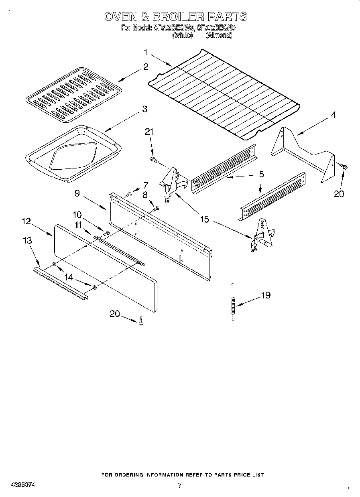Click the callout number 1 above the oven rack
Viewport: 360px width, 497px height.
coord(146,52)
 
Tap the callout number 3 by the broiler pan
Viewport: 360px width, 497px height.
coord(144,109)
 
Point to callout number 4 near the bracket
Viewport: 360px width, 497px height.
coord(333,115)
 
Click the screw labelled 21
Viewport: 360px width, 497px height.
coord(154,160)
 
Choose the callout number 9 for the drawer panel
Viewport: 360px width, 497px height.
coord(77,193)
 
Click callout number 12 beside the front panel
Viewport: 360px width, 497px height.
coord(26,221)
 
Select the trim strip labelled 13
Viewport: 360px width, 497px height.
coord(60,283)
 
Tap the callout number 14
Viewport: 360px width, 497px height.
coord(69,277)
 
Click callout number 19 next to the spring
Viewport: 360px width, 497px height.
coord(266,295)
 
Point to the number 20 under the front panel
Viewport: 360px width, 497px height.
coord(115,314)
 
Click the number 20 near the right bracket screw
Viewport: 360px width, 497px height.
coord(339,194)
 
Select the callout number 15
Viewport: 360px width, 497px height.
coord(205,220)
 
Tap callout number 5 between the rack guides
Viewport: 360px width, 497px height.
coord(261,174)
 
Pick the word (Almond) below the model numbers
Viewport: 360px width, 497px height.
coord(219,35)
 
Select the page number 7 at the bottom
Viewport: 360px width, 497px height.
coord(180,485)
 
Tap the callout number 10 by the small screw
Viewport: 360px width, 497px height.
coord(77,215)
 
